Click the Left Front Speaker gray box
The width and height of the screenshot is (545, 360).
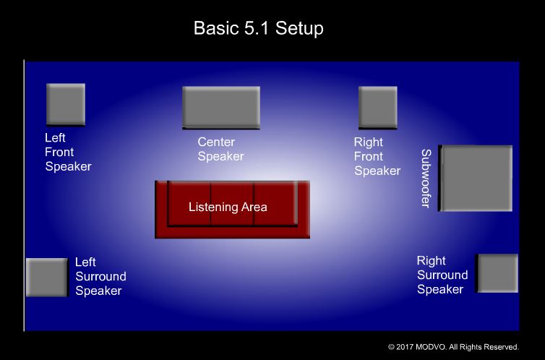[65, 104]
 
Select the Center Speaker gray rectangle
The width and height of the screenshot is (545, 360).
[220, 108]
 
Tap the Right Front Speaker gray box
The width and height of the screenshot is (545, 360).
[377, 107]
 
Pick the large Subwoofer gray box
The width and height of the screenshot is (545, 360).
[476, 179]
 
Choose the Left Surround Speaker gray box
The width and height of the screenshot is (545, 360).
[47, 277]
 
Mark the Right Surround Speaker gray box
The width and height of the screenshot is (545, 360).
[497, 273]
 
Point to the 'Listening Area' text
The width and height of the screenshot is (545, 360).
[228, 207]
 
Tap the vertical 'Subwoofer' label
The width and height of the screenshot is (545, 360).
[426, 179]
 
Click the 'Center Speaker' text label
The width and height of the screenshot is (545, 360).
[220, 149]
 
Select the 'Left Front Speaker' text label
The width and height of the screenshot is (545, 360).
[68, 152]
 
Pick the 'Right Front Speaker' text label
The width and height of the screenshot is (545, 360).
[377, 156]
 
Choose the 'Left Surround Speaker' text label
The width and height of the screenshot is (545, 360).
[100, 276]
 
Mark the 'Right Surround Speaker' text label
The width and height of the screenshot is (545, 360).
[442, 275]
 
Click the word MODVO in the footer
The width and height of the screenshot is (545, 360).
[434, 347]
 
